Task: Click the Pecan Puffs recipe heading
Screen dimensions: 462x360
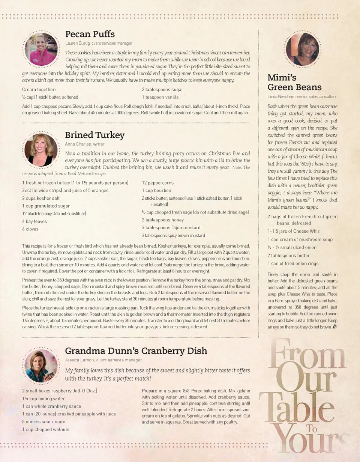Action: (90, 34)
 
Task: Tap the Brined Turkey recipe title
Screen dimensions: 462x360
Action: (95, 135)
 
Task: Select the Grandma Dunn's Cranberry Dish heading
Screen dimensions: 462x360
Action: (136, 351)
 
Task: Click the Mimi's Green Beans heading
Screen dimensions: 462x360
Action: (294, 83)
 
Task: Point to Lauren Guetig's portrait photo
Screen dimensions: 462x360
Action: (41, 49)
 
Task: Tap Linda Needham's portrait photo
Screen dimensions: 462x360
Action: (302, 49)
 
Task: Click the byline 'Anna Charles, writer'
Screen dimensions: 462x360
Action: (85, 144)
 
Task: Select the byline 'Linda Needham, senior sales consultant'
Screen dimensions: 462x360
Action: (302, 96)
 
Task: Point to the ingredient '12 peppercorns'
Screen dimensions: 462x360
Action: (157, 183)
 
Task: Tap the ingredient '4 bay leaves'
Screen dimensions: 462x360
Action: (34, 221)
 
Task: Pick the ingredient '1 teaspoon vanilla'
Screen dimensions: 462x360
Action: (160, 97)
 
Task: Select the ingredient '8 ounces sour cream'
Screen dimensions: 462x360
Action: (43, 421)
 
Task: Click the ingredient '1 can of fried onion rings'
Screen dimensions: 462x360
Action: (293, 263)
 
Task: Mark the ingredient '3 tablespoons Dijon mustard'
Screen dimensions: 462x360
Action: (171, 227)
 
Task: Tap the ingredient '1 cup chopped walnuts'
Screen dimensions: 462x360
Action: (46, 429)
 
